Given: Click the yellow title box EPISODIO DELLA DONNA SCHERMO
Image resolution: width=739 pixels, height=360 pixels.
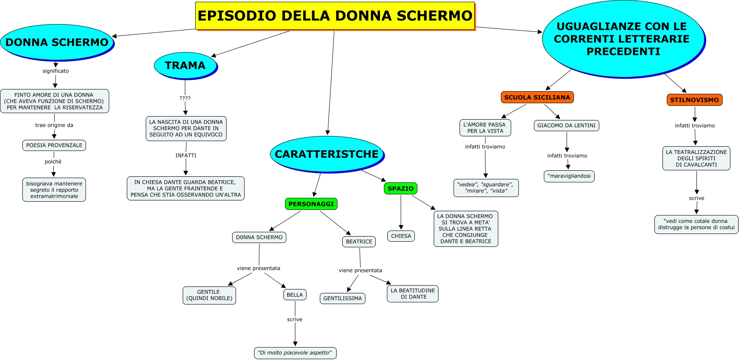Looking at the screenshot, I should click(x=334, y=16).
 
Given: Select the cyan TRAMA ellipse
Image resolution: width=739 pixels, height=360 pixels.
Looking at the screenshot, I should click(x=185, y=65).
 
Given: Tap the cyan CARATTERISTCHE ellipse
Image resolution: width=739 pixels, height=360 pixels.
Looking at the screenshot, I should click(x=326, y=154).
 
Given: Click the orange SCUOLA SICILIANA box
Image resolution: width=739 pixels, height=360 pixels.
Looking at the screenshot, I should click(x=537, y=97).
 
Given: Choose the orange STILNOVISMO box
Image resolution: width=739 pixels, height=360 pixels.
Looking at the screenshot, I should click(x=694, y=100).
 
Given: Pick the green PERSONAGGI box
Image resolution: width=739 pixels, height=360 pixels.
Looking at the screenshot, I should click(x=311, y=204).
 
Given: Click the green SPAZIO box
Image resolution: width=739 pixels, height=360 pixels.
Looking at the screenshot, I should click(x=400, y=188).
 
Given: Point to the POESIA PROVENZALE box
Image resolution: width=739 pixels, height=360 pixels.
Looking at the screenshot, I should click(x=54, y=145).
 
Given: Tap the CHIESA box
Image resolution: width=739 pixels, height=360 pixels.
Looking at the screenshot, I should click(x=401, y=236).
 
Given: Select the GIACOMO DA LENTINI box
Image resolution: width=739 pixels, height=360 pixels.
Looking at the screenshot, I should click(x=566, y=126).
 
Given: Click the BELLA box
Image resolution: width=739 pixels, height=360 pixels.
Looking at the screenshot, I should click(x=294, y=295).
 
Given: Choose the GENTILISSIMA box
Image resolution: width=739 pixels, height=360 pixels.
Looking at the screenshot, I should click(x=342, y=298).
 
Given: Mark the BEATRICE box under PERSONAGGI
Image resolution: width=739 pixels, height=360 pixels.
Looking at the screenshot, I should click(x=359, y=242).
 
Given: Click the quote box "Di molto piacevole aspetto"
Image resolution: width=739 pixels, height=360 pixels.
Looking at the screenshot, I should click(x=295, y=353).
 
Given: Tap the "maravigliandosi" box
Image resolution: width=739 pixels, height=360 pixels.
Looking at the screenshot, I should click(x=569, y=176).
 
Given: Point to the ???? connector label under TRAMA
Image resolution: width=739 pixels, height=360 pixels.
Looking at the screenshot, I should click(x=185, y=98).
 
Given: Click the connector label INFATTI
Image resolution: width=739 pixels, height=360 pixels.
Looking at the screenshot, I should click(x=186, y=155).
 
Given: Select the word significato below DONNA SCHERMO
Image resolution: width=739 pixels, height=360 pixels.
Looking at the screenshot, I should click(x=55, y=71).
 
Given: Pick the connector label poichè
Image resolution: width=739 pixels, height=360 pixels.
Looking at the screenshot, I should click(x=53, y=162).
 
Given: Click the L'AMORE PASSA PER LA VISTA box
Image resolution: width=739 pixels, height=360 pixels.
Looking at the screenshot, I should click(x=485, y=128).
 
